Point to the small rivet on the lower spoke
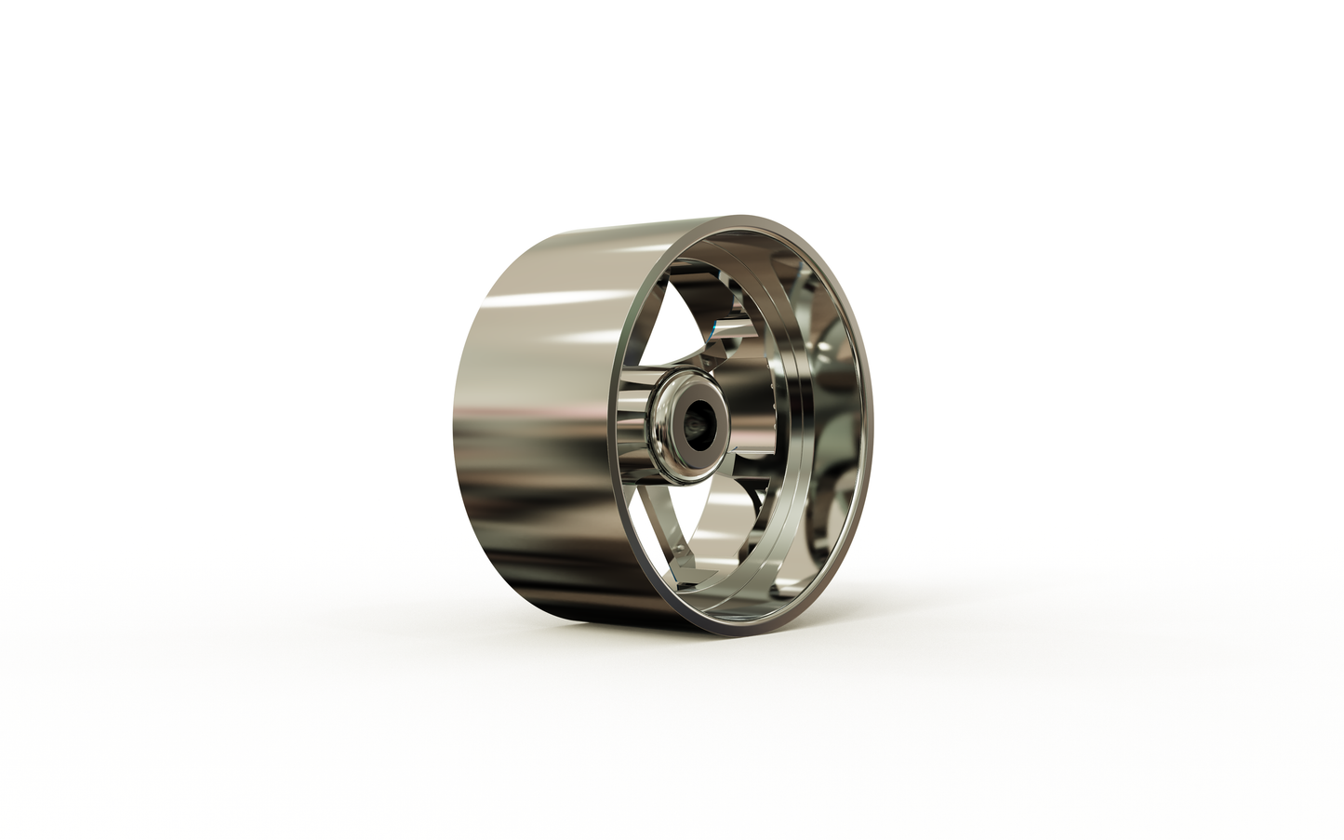[x=685, y=555]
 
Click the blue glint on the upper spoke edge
[x=715, y=327]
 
